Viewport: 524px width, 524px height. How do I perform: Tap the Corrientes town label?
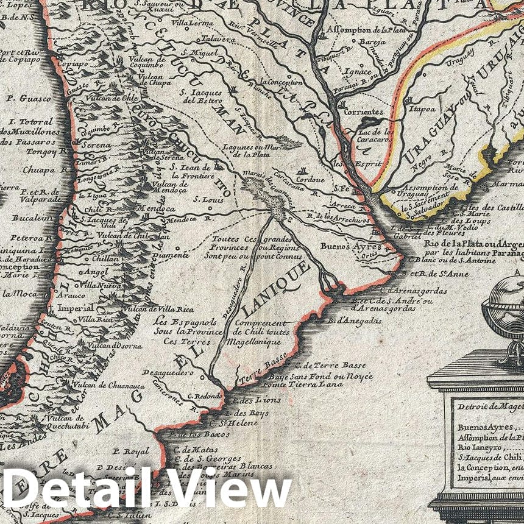click(x=364, y=112)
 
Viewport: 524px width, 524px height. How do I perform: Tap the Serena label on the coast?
click(x=92, y=146)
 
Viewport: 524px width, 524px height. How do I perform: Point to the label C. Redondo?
click(x=204, y=395)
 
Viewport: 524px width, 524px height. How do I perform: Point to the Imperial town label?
click(x=76, y=308)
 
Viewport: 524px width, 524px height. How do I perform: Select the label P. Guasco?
click(x=23, y=97)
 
